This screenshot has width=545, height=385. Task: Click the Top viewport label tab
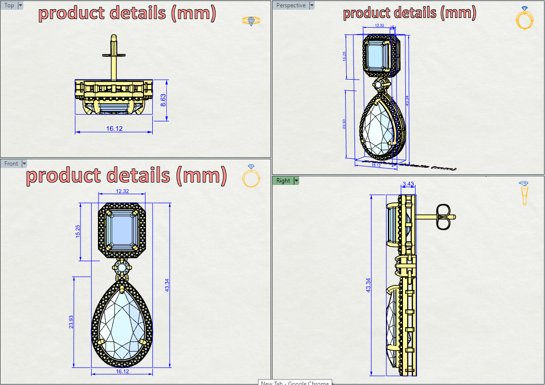coord(9,5)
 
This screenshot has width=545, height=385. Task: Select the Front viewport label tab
coord(11,164)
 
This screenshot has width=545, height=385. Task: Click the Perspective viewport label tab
coord(291,5)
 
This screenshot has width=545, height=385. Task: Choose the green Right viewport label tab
coord(283,181)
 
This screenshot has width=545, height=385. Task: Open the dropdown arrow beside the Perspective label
coord(312,5)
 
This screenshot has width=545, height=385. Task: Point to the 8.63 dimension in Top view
coord(163,100)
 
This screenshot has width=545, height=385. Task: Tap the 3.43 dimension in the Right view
coord(408,184)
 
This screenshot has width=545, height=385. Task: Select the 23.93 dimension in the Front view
coord(71,322)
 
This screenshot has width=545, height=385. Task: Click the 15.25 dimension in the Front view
coord(78,231)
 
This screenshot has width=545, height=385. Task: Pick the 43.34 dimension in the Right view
coord(369,285)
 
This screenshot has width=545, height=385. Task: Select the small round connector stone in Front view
coord(122,267)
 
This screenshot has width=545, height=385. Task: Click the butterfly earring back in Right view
coord(443,217)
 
